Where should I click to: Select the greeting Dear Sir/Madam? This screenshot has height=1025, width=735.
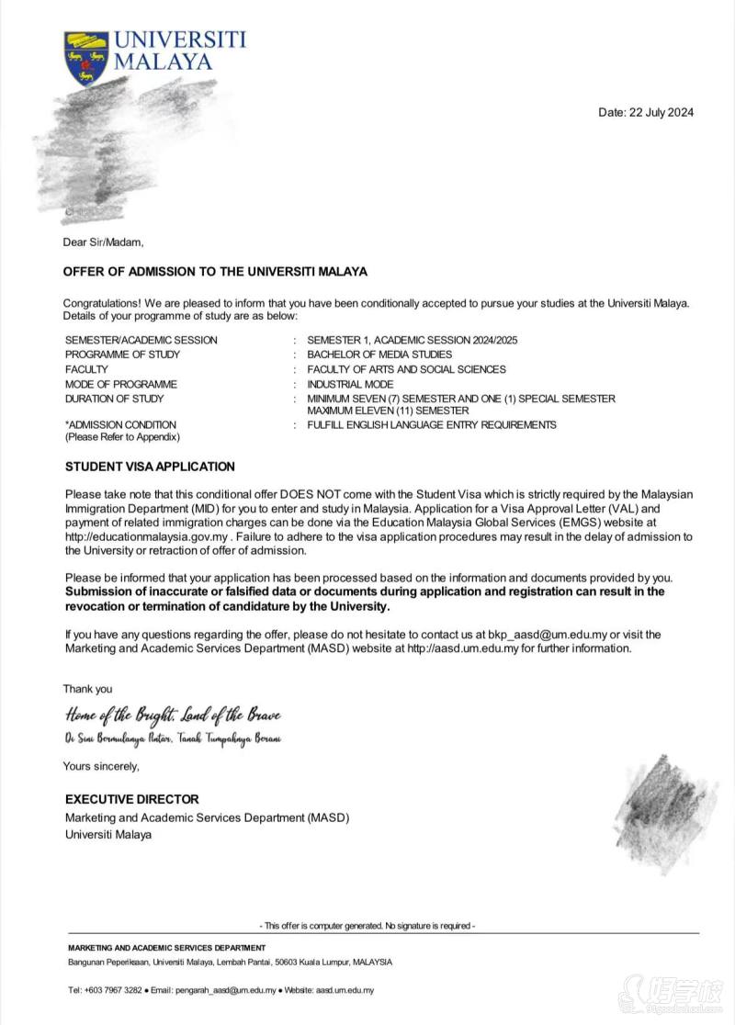point(103,242)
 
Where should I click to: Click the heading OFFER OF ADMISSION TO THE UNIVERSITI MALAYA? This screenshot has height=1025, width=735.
point(215,272)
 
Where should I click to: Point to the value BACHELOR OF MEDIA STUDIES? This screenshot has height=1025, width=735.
point(379,355)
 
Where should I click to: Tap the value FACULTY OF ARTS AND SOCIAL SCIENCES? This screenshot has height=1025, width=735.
point(406,369)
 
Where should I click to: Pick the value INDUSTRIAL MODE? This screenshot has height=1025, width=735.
point(350,384)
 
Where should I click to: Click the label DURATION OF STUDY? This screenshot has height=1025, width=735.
point(114,399)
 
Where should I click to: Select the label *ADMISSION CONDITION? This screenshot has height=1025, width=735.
point(120,424)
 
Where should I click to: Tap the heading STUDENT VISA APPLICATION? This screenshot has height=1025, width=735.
point(150,467)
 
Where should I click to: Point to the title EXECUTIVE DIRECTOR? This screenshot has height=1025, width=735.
point(131,799)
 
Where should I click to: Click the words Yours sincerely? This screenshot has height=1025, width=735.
point(101,766)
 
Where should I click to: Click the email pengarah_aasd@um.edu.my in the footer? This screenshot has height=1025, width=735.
point(226,991)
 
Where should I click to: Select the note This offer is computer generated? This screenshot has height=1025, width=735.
point(367,926)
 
